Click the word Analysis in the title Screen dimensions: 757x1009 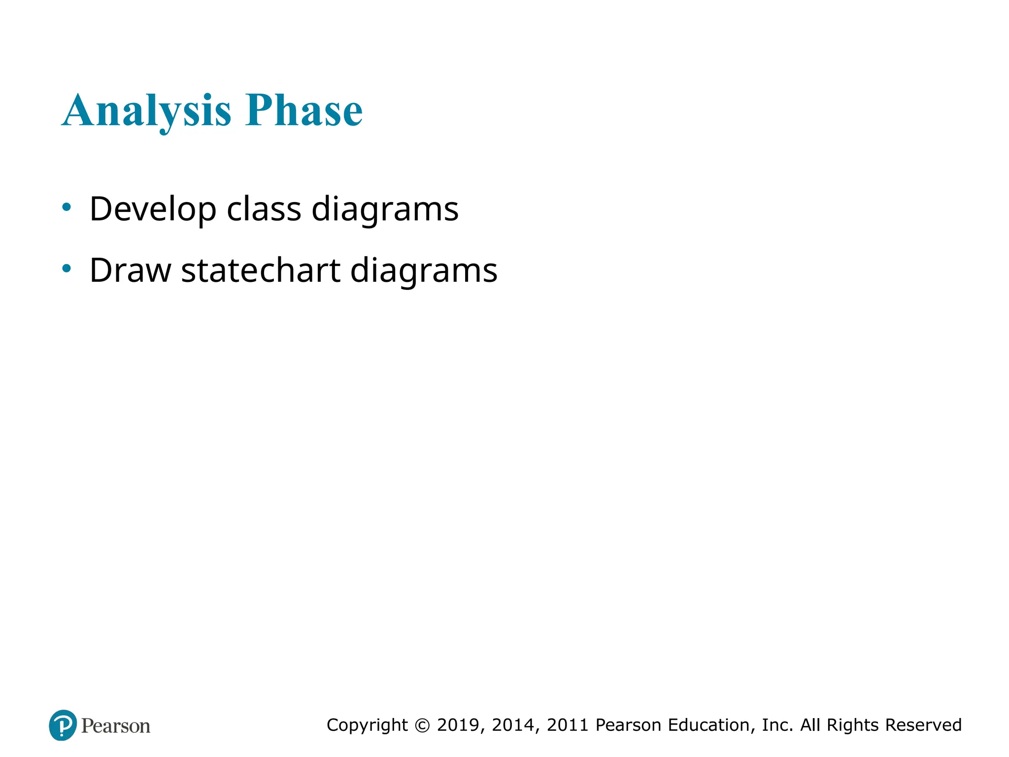[146, 111]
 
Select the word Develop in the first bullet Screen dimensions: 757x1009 [153, 209]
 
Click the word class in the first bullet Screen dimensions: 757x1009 [264, 208]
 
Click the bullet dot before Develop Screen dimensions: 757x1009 [67, 207]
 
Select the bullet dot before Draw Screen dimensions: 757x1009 [67, 269]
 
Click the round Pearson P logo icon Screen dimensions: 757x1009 [63, 725]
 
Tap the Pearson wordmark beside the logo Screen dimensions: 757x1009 [116, 726]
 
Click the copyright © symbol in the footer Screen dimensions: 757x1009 [422, 725]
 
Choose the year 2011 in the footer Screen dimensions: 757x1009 [568, 725]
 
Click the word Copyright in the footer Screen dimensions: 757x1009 [367, 725]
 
